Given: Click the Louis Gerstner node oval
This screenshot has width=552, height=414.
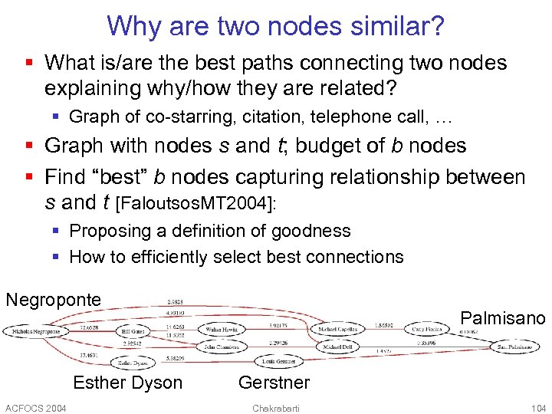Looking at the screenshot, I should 278,360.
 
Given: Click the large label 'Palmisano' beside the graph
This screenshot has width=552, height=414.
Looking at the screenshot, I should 502,317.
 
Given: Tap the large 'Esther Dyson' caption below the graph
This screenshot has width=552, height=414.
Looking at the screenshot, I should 127,383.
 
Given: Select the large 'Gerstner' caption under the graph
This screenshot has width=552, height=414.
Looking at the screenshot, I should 274,383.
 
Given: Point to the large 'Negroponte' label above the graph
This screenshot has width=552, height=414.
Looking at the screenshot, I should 53,299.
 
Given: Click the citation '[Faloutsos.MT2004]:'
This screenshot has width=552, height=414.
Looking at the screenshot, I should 192,204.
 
